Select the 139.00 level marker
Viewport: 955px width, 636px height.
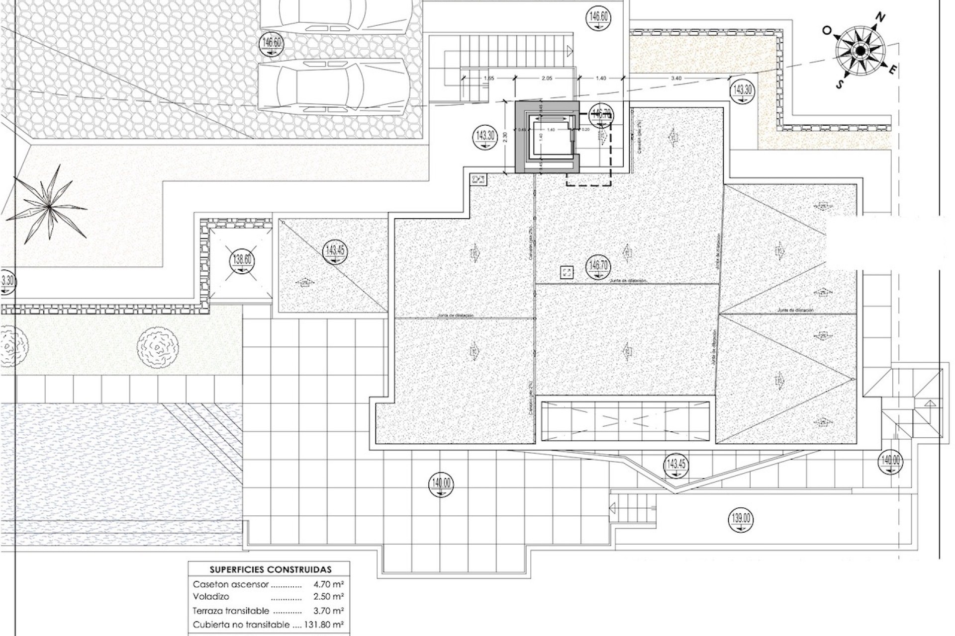click(741, 519)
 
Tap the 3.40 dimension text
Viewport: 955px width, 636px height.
click(676, 78)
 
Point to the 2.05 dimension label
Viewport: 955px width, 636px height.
click(547, 78)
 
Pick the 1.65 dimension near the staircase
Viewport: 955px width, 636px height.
click(488, 78)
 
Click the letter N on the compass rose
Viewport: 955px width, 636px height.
click(880, 18)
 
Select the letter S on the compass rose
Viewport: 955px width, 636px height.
click(840, 84)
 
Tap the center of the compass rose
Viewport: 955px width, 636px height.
click(860, 51)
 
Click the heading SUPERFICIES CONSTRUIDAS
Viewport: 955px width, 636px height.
click(270, 569)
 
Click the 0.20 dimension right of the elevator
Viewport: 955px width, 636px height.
click(585, 130)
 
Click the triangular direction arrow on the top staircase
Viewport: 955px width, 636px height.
click(570, 50)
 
